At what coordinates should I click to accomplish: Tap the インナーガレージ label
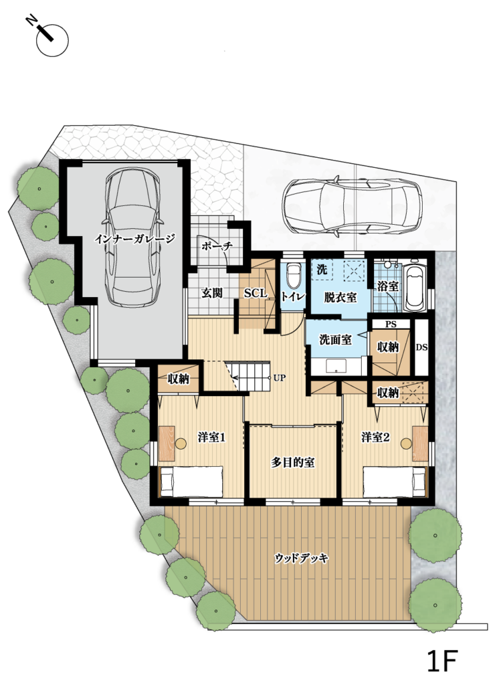(x=135, y=239)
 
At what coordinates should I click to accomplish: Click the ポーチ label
(x=217, y=247)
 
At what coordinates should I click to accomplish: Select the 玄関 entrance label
(x=212, y=293)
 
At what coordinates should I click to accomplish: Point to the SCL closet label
(x=255, y=294)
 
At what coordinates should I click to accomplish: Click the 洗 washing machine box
(x=322, y=270)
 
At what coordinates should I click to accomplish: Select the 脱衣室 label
(x=340, y=298)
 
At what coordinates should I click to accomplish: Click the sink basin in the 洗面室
(x=336, y=366)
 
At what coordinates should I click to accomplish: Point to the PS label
(x=391, y=324)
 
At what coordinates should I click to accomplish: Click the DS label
(x=421, y=348)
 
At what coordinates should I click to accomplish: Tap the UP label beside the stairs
(x=279, y=378)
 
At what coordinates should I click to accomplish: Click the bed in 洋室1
(x=191, y=481)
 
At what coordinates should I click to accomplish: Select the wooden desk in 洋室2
(x=420, y=444)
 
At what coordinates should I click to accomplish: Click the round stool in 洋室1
(x=181, y=444)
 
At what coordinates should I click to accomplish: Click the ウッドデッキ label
(x=302, y=558)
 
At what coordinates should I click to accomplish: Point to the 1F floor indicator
(x=442, y=662)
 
